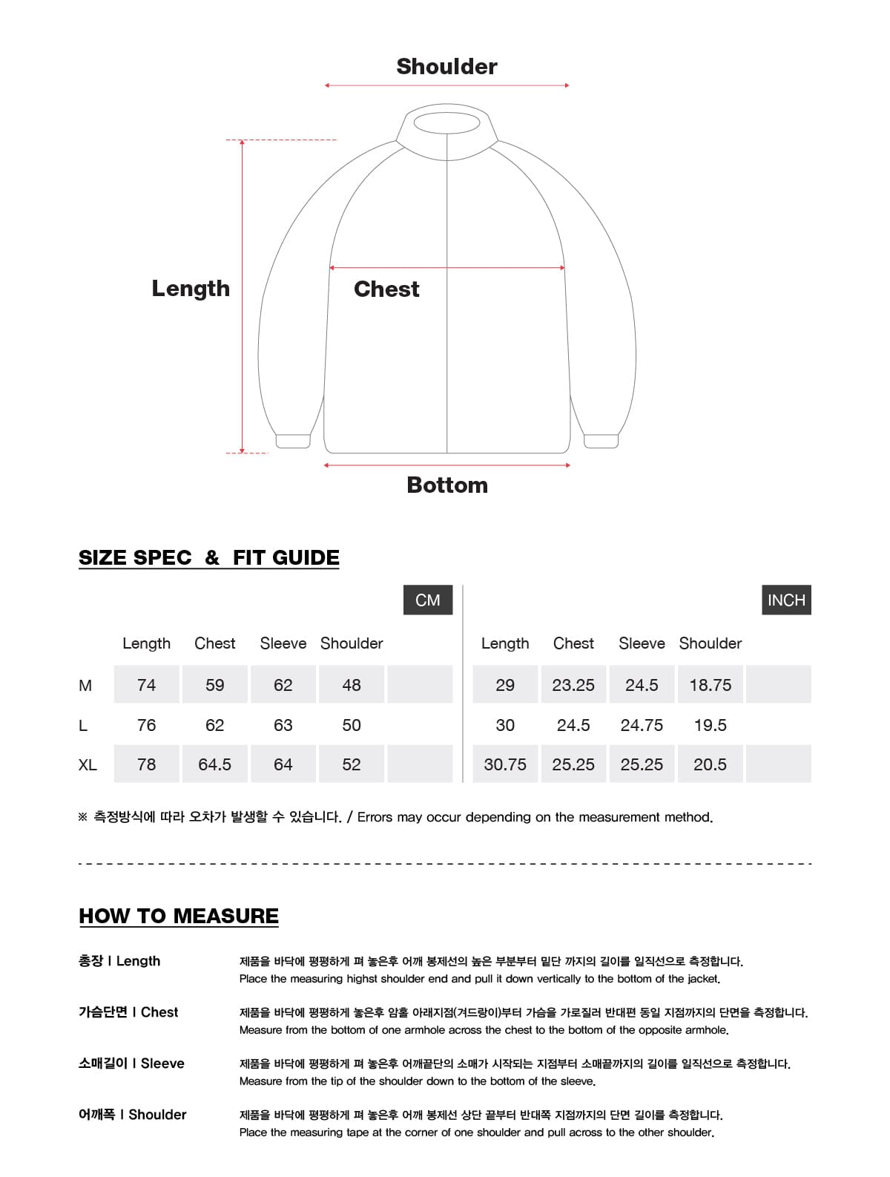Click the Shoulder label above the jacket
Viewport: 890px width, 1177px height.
tap(446, 67)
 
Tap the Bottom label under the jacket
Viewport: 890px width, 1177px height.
tap(447, 485)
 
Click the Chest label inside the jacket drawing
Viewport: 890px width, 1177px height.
tap(386, 289)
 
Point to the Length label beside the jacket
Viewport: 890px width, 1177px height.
tap(191, 289)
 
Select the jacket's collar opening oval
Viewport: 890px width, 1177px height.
tap(447, 122)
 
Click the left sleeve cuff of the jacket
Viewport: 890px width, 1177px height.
tap(293, 442)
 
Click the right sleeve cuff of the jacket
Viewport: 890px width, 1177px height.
tap(601, 442)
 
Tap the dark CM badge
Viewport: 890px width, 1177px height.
tap(428, 600)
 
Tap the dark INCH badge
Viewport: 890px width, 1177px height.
tap(786, 600)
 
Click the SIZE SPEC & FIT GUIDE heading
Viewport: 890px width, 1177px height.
tap(209, 558)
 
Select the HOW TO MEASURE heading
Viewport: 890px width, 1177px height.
tap(179, 917)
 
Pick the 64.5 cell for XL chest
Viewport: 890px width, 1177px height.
tap(214, 764)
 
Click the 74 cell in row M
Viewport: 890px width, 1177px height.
tap(146, 685)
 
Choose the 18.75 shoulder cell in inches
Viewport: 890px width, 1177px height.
tap(710, 685)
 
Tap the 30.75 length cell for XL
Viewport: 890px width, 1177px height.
tap(505, 764)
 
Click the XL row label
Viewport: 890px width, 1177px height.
tap(88, 765)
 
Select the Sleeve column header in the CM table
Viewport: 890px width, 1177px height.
tap(283, 643)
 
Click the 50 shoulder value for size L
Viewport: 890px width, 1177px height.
tap(352, 725)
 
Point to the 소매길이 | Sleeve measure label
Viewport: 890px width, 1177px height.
tap(131, 1063)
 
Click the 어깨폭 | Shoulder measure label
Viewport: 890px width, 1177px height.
tap(133, 1115)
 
